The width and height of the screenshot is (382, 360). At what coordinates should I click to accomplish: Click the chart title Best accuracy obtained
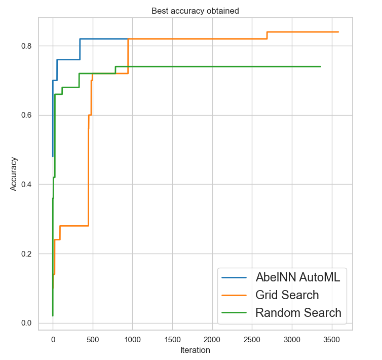click(195, 10)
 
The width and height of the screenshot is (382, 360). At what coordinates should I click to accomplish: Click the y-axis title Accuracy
click(14, 173)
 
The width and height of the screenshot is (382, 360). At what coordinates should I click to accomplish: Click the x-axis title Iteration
click(195, 350)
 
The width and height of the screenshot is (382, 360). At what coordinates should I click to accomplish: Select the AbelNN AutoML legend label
click(298, 277)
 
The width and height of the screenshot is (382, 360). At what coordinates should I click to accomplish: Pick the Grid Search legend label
click(287, 295)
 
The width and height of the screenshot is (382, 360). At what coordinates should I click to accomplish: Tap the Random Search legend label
click(298, 312)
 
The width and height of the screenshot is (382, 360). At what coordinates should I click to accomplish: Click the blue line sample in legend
click(234, 278)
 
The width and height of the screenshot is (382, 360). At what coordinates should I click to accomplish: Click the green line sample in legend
click(234, 313)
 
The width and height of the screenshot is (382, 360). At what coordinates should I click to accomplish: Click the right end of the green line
click(320, 66)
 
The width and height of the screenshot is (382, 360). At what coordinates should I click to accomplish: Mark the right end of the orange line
click(338, 32)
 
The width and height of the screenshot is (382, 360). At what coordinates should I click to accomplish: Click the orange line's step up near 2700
click(267, 35)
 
